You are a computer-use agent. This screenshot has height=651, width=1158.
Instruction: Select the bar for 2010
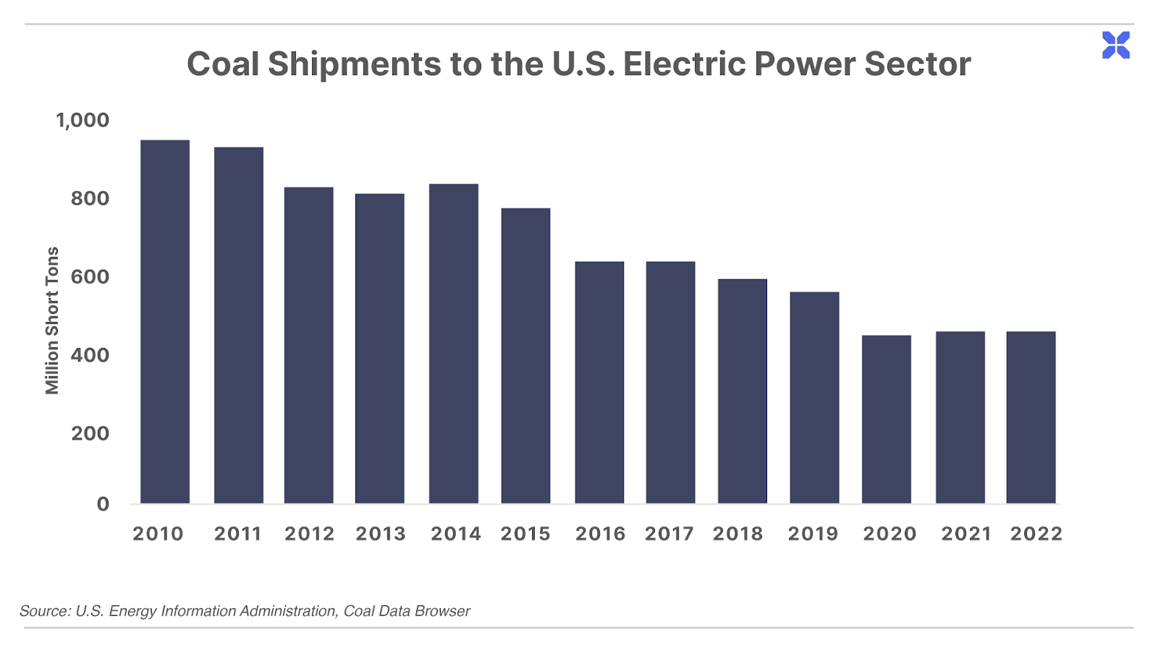coord(165,321)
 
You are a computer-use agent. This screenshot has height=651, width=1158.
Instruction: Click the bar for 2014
coord(453,344)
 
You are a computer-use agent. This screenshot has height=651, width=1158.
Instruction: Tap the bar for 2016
coord(599,383)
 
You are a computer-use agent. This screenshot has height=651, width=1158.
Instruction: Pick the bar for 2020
coord(886,419)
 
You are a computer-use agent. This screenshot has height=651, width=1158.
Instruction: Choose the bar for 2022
coord(1031,417)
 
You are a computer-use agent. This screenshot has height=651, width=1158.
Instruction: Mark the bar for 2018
coord(743,391)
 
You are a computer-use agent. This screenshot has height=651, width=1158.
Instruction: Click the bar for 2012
coord(308,345)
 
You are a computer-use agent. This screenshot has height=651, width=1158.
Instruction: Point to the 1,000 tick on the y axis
coord(83,120)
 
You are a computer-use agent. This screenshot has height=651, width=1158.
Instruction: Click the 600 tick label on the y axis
coord(90,277)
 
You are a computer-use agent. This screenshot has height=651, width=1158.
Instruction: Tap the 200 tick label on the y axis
coord(90,433)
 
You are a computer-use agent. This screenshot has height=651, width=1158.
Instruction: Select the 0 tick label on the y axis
coord(103,503)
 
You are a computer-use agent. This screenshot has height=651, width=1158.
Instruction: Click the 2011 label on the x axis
coord(238,534)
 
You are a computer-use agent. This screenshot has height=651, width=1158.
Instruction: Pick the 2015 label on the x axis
coord(525,534)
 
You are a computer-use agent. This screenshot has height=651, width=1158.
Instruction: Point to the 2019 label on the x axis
coord(813,534)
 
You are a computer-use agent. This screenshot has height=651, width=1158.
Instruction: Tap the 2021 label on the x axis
coord(965,534)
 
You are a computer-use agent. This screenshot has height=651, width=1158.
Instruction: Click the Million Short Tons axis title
coord(52,321)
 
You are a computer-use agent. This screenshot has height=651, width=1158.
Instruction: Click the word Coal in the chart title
coord(223,64)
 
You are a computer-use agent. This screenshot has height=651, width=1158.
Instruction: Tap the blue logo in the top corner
coord(1115,45)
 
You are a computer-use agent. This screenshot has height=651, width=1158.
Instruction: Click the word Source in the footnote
coord(45,611)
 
